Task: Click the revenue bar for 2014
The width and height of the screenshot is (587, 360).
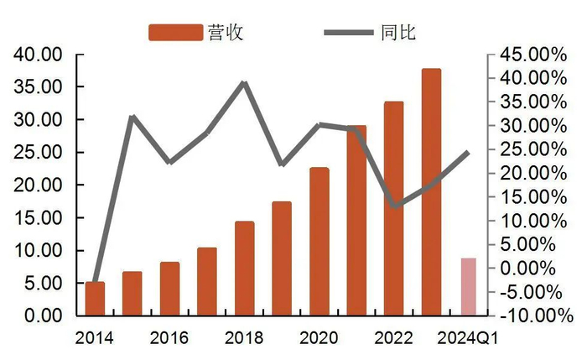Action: (x=96, y=299)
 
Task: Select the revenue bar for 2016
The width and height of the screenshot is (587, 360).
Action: (x=169, y=289)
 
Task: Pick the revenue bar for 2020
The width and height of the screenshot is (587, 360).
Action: (x=319, y=242)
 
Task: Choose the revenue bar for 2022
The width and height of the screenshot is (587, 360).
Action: (x=393, y=209)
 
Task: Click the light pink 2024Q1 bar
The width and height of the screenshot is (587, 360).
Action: (x=468, y=287)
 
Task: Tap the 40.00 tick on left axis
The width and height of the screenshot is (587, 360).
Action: (x=39, y=55)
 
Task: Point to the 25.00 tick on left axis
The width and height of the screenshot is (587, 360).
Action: (x=39, y=153)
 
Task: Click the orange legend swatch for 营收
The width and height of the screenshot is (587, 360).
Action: (x=175, y=32)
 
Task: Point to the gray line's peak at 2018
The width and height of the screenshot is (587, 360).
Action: (x=244, y=82)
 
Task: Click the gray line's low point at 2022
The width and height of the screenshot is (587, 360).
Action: (x=393, y=206)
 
